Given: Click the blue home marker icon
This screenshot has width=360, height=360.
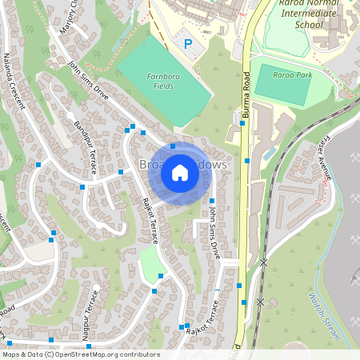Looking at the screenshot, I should (180, 172).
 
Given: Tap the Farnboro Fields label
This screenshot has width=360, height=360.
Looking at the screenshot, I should (161, 80).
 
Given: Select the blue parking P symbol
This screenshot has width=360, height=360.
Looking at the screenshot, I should (188, 44).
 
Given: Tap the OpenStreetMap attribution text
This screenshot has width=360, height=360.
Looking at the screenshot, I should (80, 354).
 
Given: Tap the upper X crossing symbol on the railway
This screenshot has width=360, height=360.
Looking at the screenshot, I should (262, 262).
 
